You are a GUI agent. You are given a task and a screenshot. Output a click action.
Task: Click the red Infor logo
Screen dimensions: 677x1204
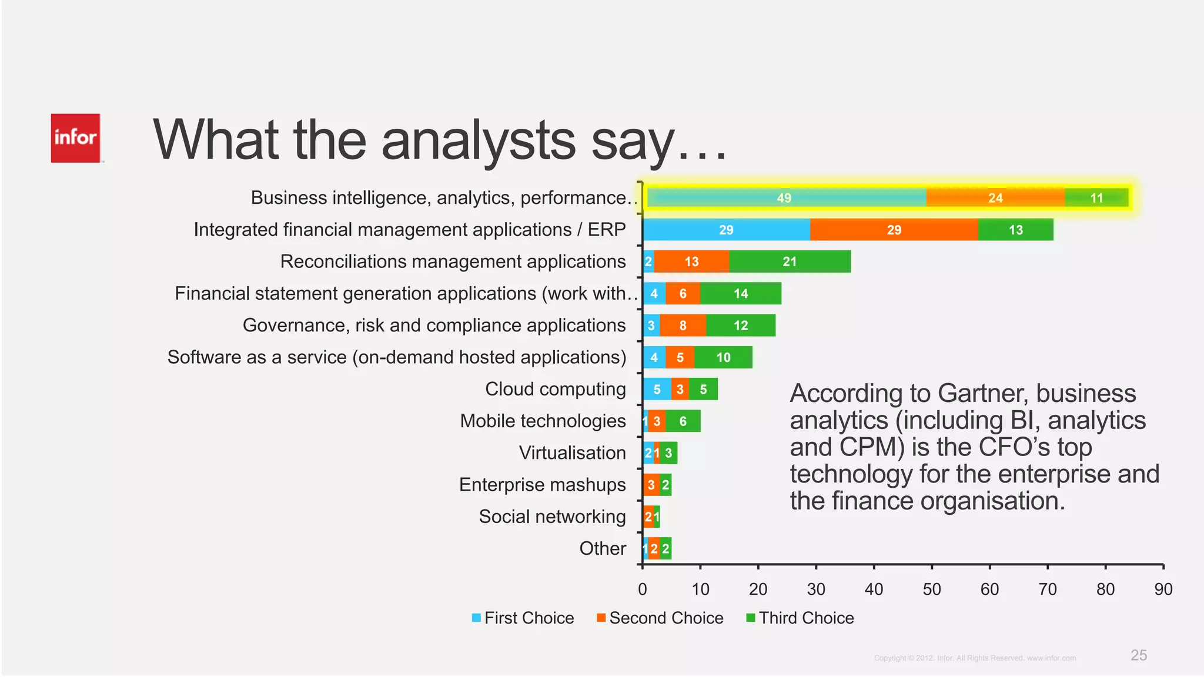coord(75,138)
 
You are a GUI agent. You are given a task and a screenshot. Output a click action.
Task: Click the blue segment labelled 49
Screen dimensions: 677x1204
coord(784,198)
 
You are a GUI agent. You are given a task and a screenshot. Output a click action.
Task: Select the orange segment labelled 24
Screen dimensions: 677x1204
coord(995,198)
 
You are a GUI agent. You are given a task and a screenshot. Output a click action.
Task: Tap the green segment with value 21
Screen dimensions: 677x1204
coord(790,262)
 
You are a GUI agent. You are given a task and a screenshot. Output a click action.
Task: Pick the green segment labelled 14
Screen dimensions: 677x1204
coord(740,293)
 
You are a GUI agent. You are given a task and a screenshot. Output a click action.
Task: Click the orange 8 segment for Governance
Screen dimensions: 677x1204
coord(683,326)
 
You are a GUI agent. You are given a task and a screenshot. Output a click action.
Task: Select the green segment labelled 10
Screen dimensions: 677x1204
coord(723,357)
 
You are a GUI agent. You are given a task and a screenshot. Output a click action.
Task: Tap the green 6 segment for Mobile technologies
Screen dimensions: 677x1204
coord(683,421)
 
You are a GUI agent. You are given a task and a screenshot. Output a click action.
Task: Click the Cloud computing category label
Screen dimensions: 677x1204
coord(555,389)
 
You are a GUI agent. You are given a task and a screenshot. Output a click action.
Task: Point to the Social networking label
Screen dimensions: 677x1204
coord(552,517)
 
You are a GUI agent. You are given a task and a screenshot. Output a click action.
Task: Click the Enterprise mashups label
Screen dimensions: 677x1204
coord(542,485)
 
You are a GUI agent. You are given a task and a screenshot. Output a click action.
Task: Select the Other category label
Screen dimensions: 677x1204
coord(603,548)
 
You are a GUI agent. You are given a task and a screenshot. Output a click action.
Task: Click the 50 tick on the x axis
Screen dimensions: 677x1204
coord(931,589)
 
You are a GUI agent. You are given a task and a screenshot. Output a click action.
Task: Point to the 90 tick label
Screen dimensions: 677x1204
coord(1163,589)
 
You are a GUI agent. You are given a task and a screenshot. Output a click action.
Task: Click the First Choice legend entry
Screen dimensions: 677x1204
coord(523,618)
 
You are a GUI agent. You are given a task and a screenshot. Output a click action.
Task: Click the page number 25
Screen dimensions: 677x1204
coord(1138,655)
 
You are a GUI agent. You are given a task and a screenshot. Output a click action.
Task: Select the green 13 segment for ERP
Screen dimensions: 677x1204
coord(1015,230)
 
